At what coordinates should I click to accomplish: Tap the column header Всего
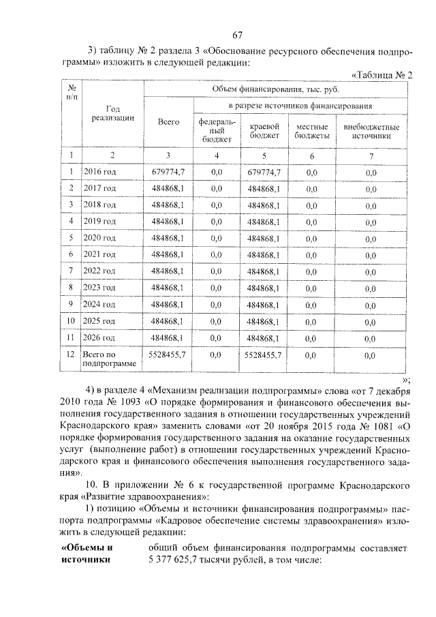click(168, 121)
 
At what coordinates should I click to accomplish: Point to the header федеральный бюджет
click(217, 130)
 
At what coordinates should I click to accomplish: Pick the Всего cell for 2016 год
click(168, 172)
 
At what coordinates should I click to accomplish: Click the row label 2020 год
click(99, 237)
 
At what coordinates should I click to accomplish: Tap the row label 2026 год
click(99, 337)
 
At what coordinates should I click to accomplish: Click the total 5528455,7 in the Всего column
click(168, 355)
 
